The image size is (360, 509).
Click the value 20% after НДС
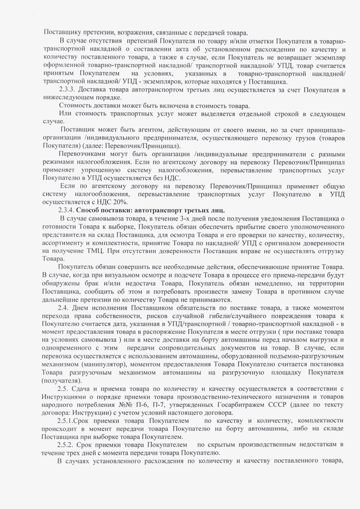pyautogui.click(x=124, y=202)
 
